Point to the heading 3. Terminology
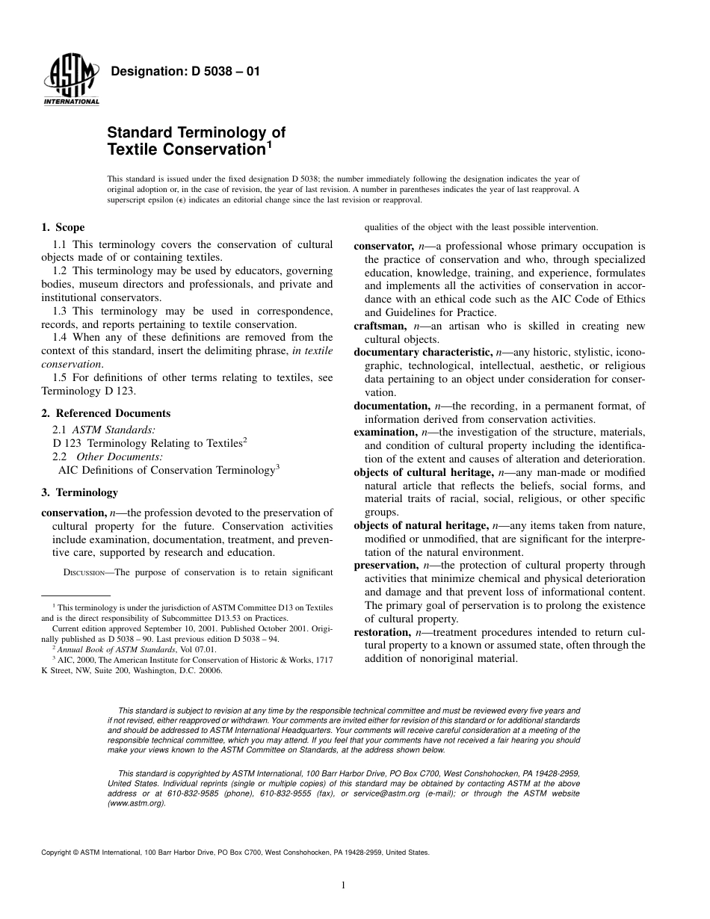tap(79, 493)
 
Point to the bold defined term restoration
tap(381, 632)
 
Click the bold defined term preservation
tap(386, 566)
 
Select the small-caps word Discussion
tap(87, 574)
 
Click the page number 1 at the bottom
tap(342, 886)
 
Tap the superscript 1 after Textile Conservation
tap(269, 144)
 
